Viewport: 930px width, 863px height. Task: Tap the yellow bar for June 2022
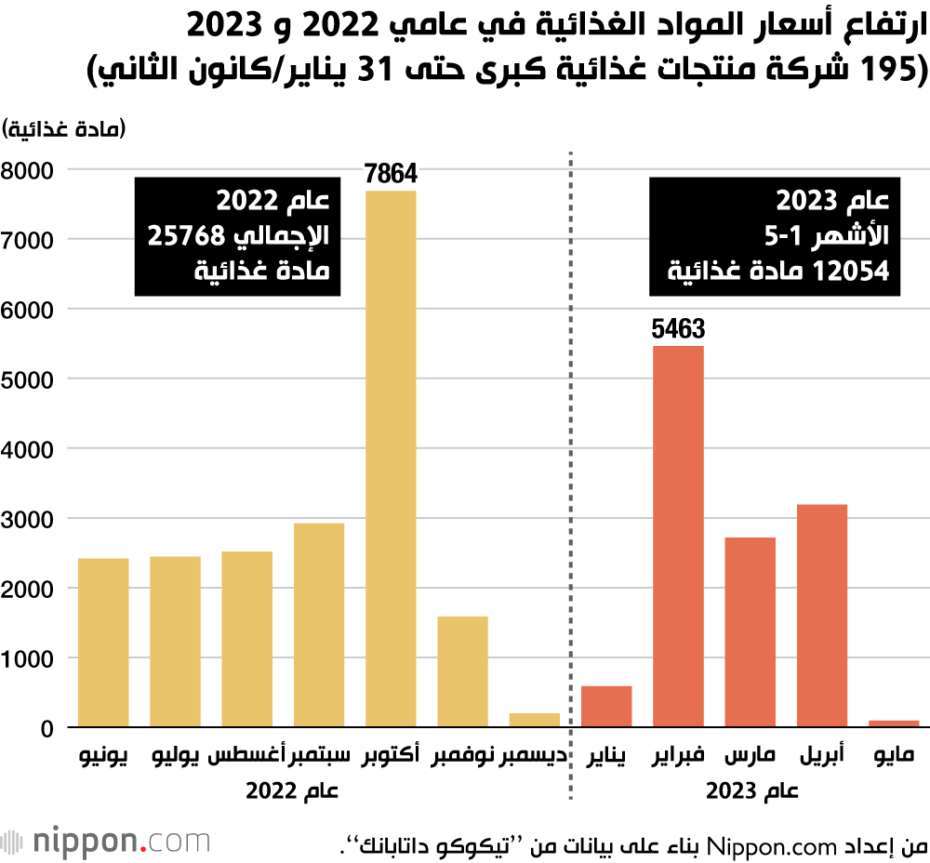pos(103,643)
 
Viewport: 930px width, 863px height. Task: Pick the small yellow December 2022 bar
pos(535,720)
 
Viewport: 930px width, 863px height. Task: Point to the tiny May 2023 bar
pos(894,723)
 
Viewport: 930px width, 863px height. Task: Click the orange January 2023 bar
pos(606,707)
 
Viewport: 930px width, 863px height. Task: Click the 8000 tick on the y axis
pos(29,170)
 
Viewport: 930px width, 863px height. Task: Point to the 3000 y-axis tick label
pos(29,519)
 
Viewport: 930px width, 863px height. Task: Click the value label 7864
pos(391,173)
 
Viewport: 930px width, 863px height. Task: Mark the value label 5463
pos(678,328)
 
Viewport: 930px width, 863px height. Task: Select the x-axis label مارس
pos(750,756)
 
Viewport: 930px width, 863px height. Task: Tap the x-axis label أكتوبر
pos(391,756)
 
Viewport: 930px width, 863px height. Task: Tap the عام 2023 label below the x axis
pos(751,791)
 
